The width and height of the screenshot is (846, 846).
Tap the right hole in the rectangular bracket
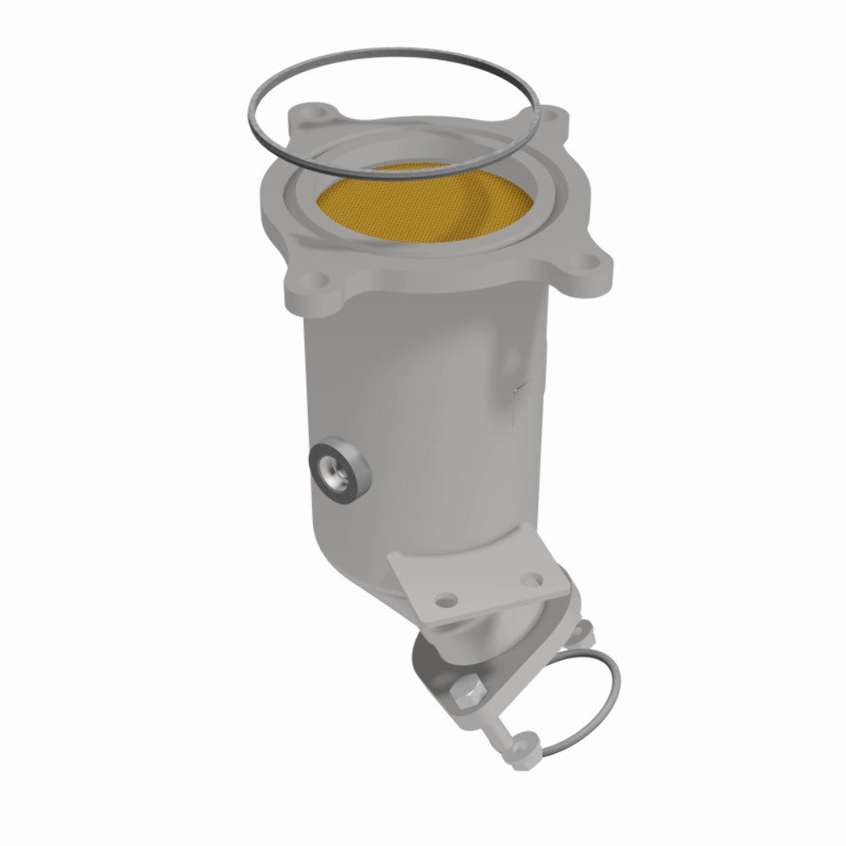(x=533, y=581)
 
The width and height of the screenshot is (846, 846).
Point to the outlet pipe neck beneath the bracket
(x=499, y=639)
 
